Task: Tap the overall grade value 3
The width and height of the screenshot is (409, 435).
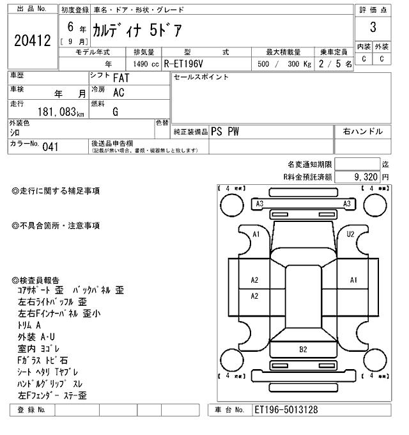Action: pyautogui.click(x=372, y=27)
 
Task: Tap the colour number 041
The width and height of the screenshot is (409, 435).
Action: pyautogui.click(x=50, y=147)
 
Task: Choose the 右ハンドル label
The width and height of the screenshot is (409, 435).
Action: pyautogui.click(x=362, y=131)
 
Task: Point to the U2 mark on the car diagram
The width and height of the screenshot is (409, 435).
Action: pyautogui.click(x=350, y=234)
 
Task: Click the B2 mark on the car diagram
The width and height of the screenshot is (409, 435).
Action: pyautogui.click(x=303, y=349)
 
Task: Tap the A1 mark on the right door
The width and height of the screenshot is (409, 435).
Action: pyautogui.click(x=353, y=280)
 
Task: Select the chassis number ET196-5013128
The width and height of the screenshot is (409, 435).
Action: pyautogui.click(x=286, y=409)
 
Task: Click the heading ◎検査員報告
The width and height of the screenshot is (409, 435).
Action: pyautogui.click(x=36, y=280)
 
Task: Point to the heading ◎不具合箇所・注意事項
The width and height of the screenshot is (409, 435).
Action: pyautogui.click(x=56, y=226)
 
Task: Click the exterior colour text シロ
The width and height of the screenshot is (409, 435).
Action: pyautogui.click(x=14, y=132)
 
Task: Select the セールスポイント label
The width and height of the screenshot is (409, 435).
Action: pyautogui.click(x=201, y=77)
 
